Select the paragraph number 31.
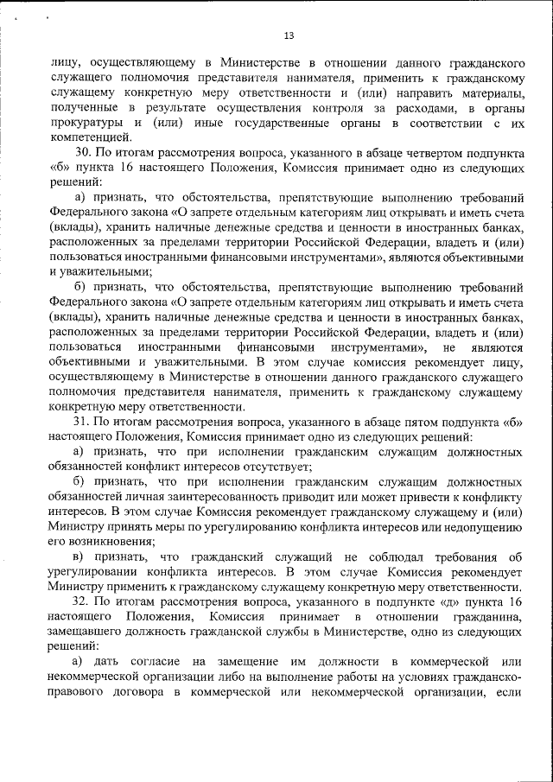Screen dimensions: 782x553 81,422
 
